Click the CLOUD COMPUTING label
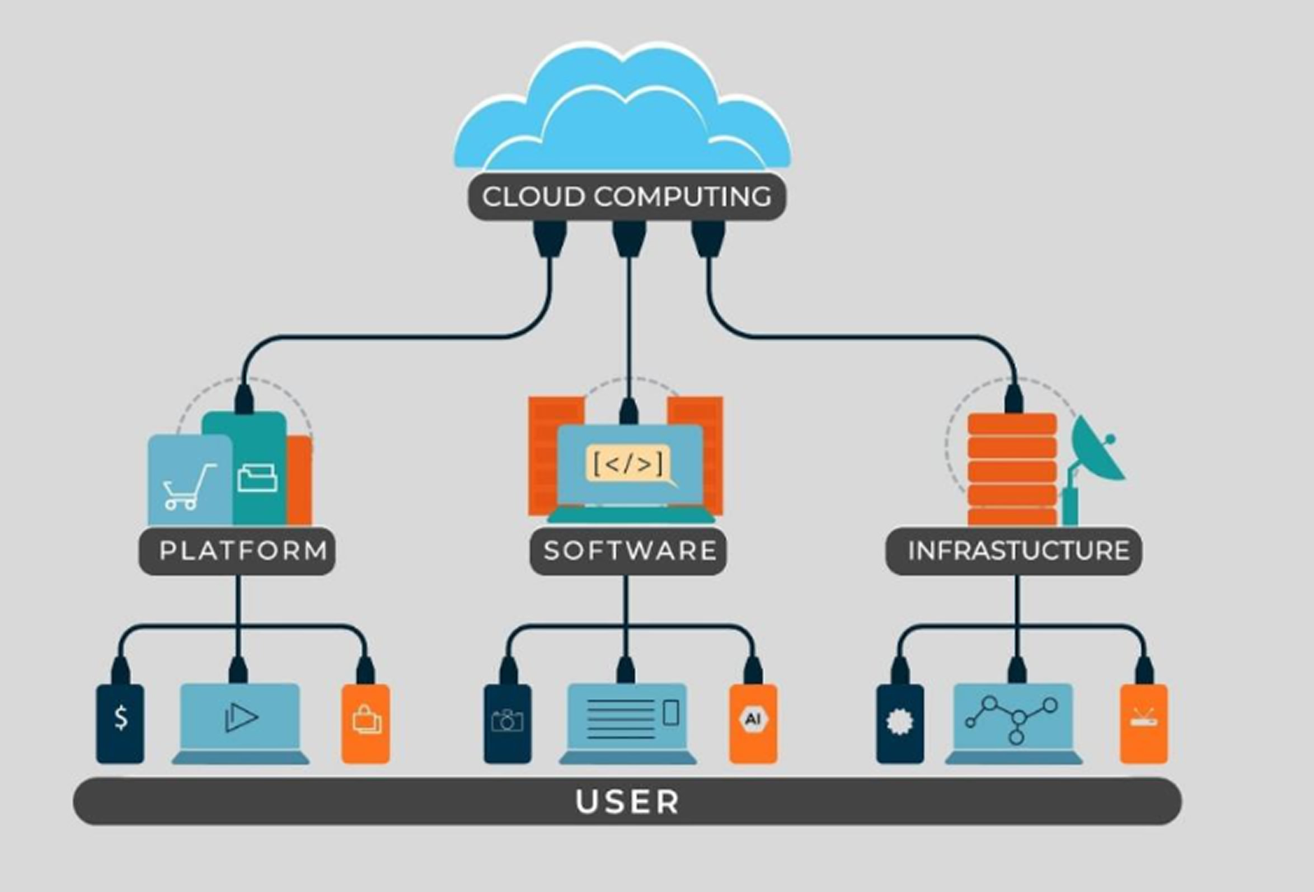[626, 197]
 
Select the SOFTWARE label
[629, 551]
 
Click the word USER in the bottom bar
[627, 801]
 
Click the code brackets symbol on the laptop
[628, 464]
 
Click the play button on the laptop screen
[241, 717]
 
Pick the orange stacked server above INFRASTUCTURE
[1012, 469]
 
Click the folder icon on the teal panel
[257, 478]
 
